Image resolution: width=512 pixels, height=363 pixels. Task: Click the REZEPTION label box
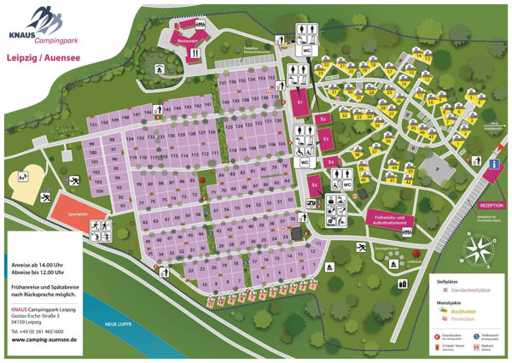pos(492,205)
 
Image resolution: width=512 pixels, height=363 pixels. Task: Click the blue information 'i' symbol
pos(495,163)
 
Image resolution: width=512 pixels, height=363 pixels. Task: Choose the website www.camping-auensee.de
pos(44,339)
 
